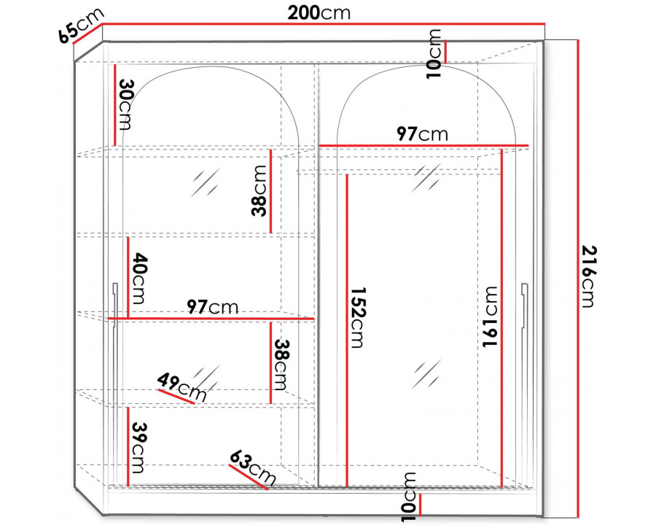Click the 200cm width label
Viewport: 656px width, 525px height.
(319, 13)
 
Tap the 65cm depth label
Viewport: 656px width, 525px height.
(81, 26)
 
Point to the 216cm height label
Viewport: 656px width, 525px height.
(589, 277)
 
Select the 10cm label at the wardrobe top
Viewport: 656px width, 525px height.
(434, 53)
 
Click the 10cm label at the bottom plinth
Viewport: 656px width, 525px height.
(408, 498)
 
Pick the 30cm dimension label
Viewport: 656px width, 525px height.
(125, 105)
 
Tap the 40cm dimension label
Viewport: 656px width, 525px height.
(138, 279)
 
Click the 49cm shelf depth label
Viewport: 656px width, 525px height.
(182, 387)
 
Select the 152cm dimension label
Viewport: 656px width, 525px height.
(357, 317)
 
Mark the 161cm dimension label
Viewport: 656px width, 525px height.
(490, 316)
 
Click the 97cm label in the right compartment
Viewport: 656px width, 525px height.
(422, 134)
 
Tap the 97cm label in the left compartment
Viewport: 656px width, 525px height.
(213, 307)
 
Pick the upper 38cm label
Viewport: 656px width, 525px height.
(259, 190)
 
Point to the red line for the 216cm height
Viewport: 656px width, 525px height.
(578, 278)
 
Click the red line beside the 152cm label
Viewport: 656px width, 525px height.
(347, 330)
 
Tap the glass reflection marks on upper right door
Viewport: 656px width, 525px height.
(426, 179)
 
